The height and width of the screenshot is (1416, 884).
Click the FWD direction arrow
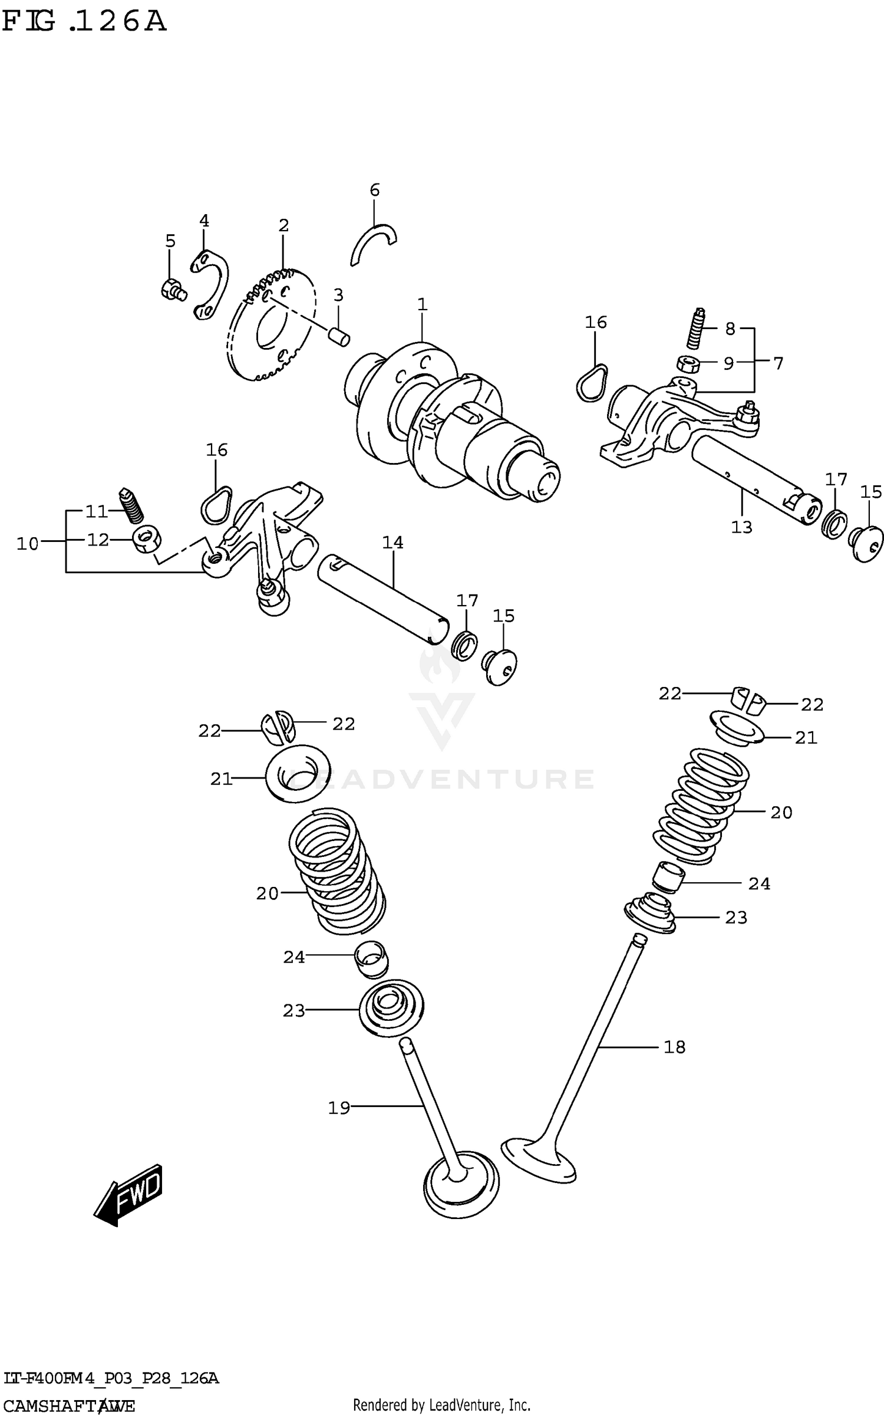click(x=128, y=1194)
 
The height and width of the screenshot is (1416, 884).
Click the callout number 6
click(x=374, y=190)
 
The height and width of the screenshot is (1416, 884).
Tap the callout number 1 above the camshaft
click(x=422, y=305)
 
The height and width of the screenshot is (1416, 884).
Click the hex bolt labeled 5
click(x=172, y=290)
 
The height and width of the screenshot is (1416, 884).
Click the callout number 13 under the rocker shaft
click(x=742, y=527)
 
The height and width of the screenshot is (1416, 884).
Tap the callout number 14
click(x=392, y=543)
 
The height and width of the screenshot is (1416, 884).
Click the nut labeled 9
click(x=687, y=364)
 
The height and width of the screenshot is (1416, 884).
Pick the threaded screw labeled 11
click(x=131, y=506)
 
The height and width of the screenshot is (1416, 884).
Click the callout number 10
click(x=27, y=543)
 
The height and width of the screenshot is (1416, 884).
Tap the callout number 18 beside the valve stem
click(x=674, y=1047)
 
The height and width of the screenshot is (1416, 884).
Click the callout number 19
click(x=339, y=1108)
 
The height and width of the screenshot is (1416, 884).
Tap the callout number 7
click(x=778, y=363)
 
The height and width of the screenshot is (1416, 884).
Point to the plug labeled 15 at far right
click(x=867, y=542)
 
